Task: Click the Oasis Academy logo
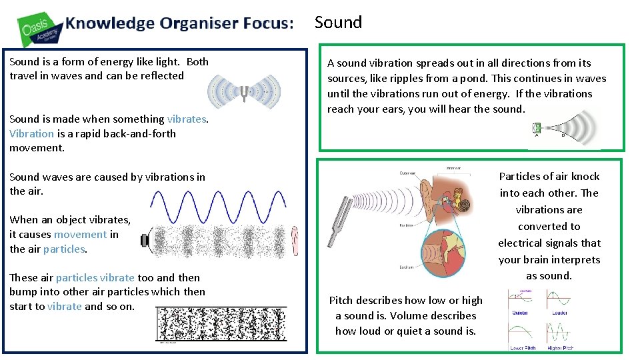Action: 40,28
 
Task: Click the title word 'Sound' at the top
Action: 338,22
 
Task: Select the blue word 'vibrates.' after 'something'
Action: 188,119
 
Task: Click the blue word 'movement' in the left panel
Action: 81,234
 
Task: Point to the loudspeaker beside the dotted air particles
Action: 147,239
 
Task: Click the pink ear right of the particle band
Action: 293,239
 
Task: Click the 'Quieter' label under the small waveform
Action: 520,312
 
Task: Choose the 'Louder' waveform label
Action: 559,312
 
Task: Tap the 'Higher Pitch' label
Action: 559,347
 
